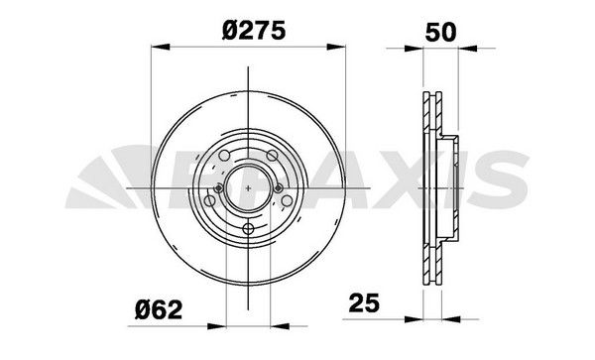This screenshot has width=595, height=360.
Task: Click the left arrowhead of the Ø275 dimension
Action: click(x=155, y=45)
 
